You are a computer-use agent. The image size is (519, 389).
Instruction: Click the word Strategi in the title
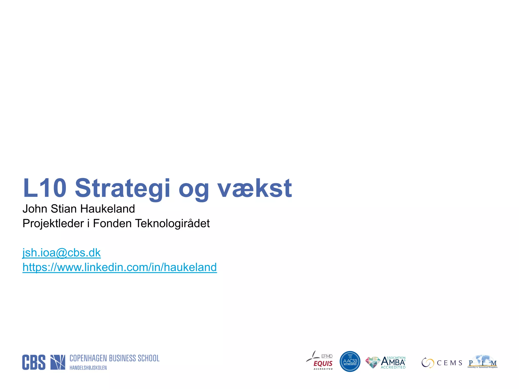pyautogui.click(x=122, y=188)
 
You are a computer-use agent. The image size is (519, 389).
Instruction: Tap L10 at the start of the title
pyautogui.click(x=45, y=188)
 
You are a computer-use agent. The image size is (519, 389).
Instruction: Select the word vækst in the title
pyautogui.click(x=255, y=188)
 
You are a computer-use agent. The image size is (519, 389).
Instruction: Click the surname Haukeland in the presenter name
pyautogui.click(x=107, y=209)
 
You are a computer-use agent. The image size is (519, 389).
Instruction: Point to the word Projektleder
pyautogui.click(x=53, y=224)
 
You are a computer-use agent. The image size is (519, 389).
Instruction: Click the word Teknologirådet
pyautogui.click(x=172, y=224)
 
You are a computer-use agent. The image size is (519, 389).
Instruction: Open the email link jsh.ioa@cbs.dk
pyautogui.click(x=62, y=253)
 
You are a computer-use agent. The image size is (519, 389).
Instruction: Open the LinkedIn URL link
pyautogui.click(x=120, y=267)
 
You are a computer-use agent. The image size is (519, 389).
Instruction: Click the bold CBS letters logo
pyautogui.click(x=34, y=362)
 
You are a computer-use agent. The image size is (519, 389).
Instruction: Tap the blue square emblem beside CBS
pyautogui.click(x=58, y=362)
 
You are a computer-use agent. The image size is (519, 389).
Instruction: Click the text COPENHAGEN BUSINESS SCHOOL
pyautogui.click(x=114, y=358)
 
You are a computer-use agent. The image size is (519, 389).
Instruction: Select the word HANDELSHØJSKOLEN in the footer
pyautogui.click(x=88, y=368)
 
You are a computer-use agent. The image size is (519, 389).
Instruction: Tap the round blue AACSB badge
pyautogui.click(x=350, y=362)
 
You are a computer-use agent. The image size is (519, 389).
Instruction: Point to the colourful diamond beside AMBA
pyautogui.click(x=373, y=362)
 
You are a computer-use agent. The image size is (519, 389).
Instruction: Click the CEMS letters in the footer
pyautogui.click(x=450, y=363)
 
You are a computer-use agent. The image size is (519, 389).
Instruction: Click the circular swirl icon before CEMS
pyautogui.click(x=428, y=363)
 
